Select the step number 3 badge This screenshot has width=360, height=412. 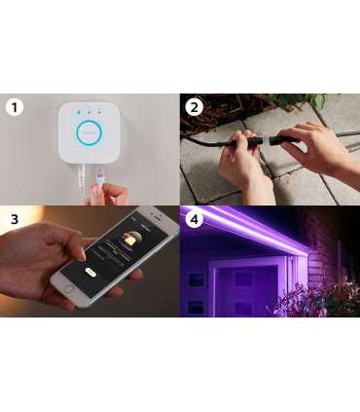click(14, 218)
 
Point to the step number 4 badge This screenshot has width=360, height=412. click(195, 218)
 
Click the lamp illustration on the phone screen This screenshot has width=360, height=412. click(128, 238)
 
